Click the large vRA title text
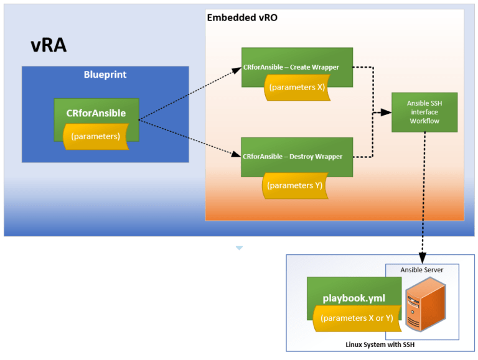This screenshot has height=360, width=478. [x=49, y=45]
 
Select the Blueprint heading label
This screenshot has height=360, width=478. [x=105, y=75]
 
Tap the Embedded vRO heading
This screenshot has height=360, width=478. [x=241, y=17]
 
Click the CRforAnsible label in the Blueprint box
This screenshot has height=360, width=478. [x=96, y=113]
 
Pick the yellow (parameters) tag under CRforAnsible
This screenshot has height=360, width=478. [x=96, y=136]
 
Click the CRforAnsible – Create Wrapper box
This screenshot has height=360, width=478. [x=297, y=67]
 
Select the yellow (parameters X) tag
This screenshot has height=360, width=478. [x=296, y=88]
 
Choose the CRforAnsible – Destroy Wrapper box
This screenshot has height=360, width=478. [x=297, y=156]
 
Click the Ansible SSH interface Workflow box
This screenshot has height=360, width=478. [x=424, y=112]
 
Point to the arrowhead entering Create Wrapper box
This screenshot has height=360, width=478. [x=237, y=69]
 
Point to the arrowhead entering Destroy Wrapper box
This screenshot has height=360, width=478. [x=237, y=155]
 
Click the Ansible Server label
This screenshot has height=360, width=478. [x=422, y=270]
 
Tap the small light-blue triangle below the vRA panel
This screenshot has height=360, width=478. [x=239, y=248]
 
